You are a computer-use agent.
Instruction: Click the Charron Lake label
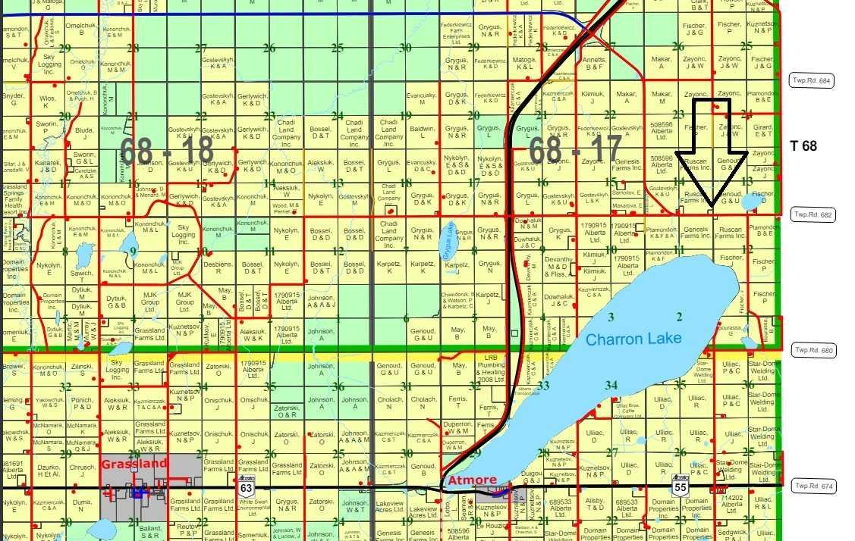(x=633, y=339)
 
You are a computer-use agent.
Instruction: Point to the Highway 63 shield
(x=246, y=487)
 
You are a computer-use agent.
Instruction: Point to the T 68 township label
(x=803, y=145)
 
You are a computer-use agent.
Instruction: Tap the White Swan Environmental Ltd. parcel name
(x=251, y=505)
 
